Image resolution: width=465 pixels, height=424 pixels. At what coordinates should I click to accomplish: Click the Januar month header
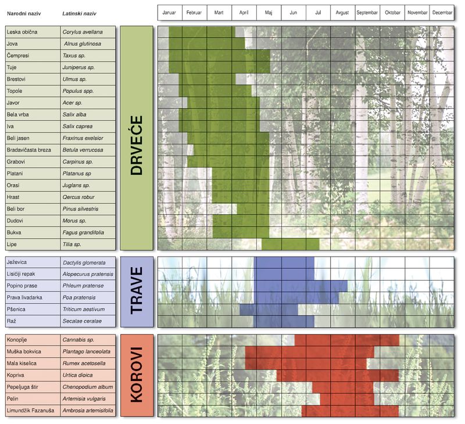point(170,12)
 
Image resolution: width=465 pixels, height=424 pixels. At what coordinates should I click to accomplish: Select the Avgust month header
point(342,12)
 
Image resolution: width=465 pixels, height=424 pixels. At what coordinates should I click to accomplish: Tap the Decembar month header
point(442,12)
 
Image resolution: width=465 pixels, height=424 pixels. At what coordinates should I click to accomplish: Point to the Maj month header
point(269,12)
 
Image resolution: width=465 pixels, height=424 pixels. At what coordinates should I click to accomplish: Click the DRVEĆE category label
point(136,138)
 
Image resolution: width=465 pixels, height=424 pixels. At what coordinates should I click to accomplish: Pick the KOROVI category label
point(136,375)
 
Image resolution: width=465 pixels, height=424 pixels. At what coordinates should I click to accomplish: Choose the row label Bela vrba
point(18,114)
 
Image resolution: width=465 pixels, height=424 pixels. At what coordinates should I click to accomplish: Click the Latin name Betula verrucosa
point(85,150)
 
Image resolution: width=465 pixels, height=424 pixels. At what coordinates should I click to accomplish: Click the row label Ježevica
point(17,263)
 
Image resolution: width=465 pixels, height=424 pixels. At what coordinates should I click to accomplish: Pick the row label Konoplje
point(18,339)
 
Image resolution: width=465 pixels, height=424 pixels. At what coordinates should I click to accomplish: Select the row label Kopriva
point(16,375)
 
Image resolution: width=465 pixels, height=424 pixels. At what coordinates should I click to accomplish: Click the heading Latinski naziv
point(79,13)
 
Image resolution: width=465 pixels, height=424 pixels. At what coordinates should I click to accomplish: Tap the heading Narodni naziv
point(22,13)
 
